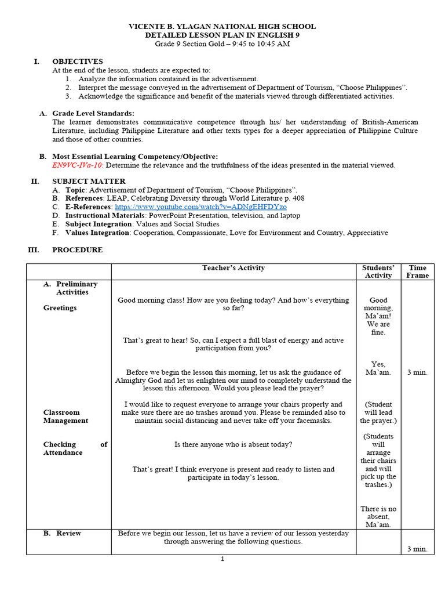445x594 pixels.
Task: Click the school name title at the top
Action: pos(222,26)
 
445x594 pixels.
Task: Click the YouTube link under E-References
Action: pos(200,207)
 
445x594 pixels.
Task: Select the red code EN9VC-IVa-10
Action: pos(73,165)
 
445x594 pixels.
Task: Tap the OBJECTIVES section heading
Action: pos(78,61)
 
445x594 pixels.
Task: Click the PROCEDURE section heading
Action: pos(78,250)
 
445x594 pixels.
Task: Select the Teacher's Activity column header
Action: pos(233,268)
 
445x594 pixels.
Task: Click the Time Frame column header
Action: pos(417,271)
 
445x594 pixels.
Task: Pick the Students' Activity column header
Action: pos(378,271)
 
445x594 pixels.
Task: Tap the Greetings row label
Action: pos(60,308)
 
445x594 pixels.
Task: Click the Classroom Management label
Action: pos(65,416)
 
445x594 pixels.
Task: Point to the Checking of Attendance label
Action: pos(75,448)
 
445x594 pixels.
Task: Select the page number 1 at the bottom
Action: pos(222,559)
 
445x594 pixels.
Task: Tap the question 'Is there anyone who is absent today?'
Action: pos(233,444)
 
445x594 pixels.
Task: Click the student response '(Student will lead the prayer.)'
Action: pos(378,412)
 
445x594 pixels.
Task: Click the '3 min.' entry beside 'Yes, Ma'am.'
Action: pos(417,372)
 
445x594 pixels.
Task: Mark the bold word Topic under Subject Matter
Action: pos(75,190)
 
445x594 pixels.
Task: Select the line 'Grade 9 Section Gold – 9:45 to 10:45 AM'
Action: pos(222,44)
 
